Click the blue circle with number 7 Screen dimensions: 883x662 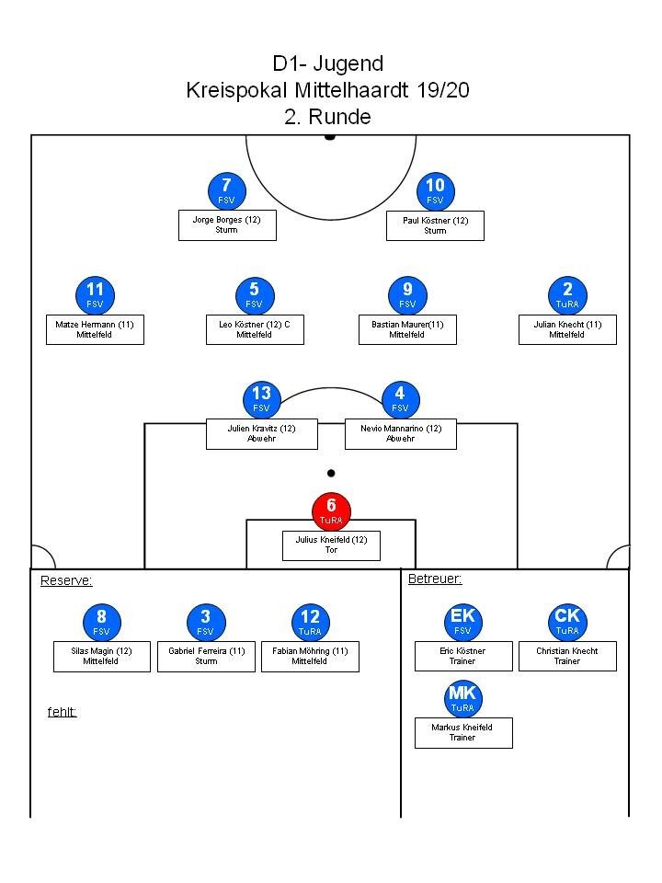point(227,190)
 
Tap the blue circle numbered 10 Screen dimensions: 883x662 point(435,190)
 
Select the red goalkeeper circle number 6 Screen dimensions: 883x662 point(331,510)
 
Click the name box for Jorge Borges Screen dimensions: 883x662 point(227,225)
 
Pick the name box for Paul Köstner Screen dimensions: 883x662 point(435,225)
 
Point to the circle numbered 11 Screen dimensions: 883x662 point(95,295)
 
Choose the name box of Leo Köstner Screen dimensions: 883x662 point(255,329)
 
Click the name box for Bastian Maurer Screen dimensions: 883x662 point(407,329)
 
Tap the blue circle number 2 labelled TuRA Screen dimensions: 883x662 point(567,295)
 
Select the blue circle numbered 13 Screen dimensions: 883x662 point(261,399)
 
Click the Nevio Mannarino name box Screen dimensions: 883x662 point(400,433)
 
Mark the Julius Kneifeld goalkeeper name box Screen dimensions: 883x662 point(331,545)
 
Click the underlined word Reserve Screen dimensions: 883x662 point(66,580)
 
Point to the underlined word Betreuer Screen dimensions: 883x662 point(434,579)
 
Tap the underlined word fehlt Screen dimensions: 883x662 point(62,712)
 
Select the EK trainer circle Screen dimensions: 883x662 point(462,622)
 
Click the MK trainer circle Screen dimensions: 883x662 point(462,698)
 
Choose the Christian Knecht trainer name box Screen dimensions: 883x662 point(567,656)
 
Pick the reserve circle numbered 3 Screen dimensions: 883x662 point(205,622)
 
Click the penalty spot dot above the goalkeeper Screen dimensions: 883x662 point(331,474)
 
